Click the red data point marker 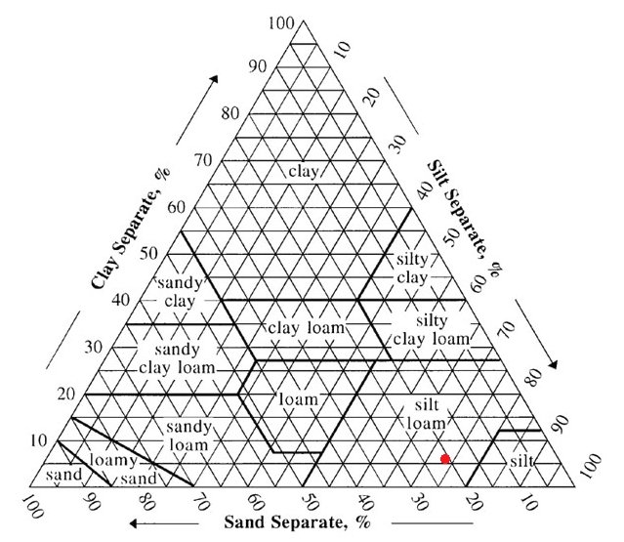point(445,459)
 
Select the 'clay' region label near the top point(304,172)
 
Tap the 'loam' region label point(299,398)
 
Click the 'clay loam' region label point(306,328)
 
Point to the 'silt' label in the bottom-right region point(521,461)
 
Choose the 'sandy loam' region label point(188,436)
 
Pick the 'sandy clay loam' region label point(177,358)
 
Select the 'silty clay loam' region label point(432,330)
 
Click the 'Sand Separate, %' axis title point(297,522)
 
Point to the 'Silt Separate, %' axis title point(464,218)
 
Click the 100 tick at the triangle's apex point(281,23)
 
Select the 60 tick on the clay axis point(177,207)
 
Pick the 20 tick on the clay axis point(66,394)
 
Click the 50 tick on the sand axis point(310,502)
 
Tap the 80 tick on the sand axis point(146,502)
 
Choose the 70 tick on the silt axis point(507,328)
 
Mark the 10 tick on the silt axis point(342,50)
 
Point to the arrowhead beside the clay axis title point(214,79)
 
